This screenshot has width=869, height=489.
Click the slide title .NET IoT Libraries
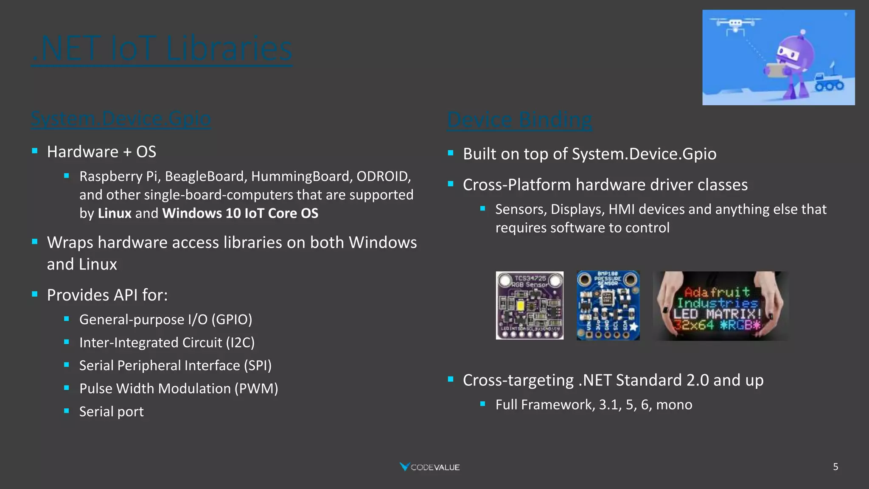click(162, 48)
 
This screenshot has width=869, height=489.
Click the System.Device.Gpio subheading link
click(121, 118)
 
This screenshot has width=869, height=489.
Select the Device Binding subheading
click(519, 120)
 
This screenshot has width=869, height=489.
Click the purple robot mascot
click(793, 64)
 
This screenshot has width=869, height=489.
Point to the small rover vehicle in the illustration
click(829, 82)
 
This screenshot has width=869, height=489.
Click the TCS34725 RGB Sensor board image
click(530, 306)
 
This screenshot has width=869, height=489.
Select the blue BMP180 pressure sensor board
click(608, 306)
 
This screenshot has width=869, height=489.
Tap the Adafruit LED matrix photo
click(720, 306)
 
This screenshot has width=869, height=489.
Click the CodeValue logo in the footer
click(429, 467)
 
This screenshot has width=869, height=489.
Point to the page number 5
click(835, 467)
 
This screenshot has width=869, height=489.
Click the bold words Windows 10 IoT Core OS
click(240, 213)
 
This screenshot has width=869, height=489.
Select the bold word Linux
click(115, 213)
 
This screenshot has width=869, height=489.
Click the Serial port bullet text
click(111, 411)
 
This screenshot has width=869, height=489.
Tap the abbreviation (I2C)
click(240, 343)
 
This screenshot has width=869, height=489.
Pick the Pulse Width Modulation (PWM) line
click(178, 388)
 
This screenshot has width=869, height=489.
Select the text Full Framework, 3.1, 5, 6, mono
click(594, 405)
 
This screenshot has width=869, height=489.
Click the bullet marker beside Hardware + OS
click(35, 151)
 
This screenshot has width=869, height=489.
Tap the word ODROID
click(383, 176)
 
